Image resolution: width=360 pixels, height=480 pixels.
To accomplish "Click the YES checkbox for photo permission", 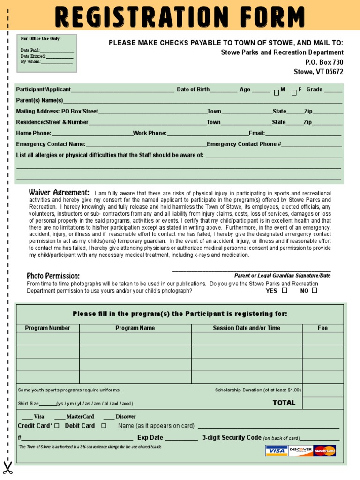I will pos(285,290).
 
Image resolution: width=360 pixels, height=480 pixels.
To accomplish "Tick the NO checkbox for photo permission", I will pos(315,290).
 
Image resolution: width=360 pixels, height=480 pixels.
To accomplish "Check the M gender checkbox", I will pos(277,93).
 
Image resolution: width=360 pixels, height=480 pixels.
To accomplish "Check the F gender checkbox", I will pos(294,93).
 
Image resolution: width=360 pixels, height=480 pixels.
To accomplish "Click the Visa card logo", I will pos(277,451).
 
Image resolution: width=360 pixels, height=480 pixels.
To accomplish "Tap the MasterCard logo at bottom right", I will pos(325,451).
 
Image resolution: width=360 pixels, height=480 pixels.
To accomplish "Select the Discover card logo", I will pos(300,451).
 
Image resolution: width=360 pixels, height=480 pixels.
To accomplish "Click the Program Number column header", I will pos(47,328).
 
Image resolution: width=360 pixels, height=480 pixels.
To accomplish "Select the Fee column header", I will pos(322,328).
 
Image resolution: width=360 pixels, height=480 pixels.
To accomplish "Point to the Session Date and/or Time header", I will pos(247,328).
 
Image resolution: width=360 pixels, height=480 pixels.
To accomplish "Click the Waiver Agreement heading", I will pos(59,192).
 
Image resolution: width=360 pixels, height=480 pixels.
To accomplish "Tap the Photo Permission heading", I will pos(53,276).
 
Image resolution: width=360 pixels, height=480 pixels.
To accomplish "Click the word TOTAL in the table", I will pos(284,403).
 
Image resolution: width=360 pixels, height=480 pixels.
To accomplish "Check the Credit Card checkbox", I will pos(57,426).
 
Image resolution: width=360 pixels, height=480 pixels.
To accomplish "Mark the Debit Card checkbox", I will pos(104,426).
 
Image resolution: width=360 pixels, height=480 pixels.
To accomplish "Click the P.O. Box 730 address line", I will pos(324,62).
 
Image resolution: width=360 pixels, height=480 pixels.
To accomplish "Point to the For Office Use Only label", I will pos(40,38).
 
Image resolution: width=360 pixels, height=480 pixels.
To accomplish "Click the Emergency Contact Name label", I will pos(51,144).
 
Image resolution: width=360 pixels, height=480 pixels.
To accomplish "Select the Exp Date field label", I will pos(150,438).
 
